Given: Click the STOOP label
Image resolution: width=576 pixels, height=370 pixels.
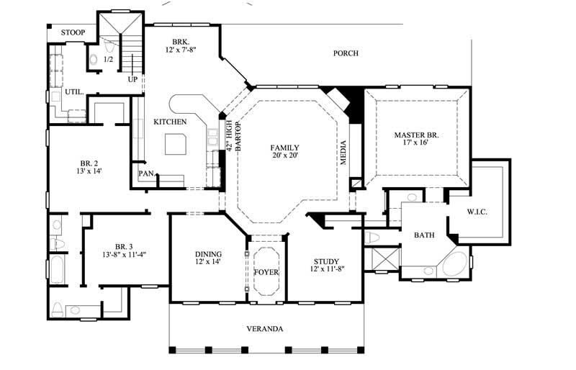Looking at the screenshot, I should pos(73,33).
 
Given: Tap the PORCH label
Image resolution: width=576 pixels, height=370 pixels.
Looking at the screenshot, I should pos(345,53).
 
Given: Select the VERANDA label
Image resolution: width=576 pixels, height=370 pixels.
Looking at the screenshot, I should pos(265,329).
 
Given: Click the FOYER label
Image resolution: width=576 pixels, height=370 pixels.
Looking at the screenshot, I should pos(266,272).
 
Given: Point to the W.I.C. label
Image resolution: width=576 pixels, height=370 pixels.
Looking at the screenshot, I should pos(477,212).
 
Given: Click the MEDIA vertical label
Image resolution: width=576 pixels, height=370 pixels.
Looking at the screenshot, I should pos(343,152).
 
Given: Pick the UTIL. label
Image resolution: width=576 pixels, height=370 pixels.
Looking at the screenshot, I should pos(74,93).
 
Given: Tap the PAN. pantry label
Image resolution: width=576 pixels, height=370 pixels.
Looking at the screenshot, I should pos(146,173).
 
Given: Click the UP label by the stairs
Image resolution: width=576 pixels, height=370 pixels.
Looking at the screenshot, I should pos(132,79).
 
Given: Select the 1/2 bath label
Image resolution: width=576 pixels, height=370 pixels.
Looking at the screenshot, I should pos(109,59).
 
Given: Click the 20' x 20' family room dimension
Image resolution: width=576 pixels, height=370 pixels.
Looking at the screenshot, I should pos(285,155).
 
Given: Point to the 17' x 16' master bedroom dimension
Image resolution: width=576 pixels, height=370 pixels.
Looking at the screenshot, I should pos(416,143).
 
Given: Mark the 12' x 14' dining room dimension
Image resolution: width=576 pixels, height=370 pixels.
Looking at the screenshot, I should pos(208,262).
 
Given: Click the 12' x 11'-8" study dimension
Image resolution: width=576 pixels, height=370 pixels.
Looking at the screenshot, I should pos(326,270).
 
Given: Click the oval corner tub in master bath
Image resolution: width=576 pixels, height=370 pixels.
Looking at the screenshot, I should pos(453,265).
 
